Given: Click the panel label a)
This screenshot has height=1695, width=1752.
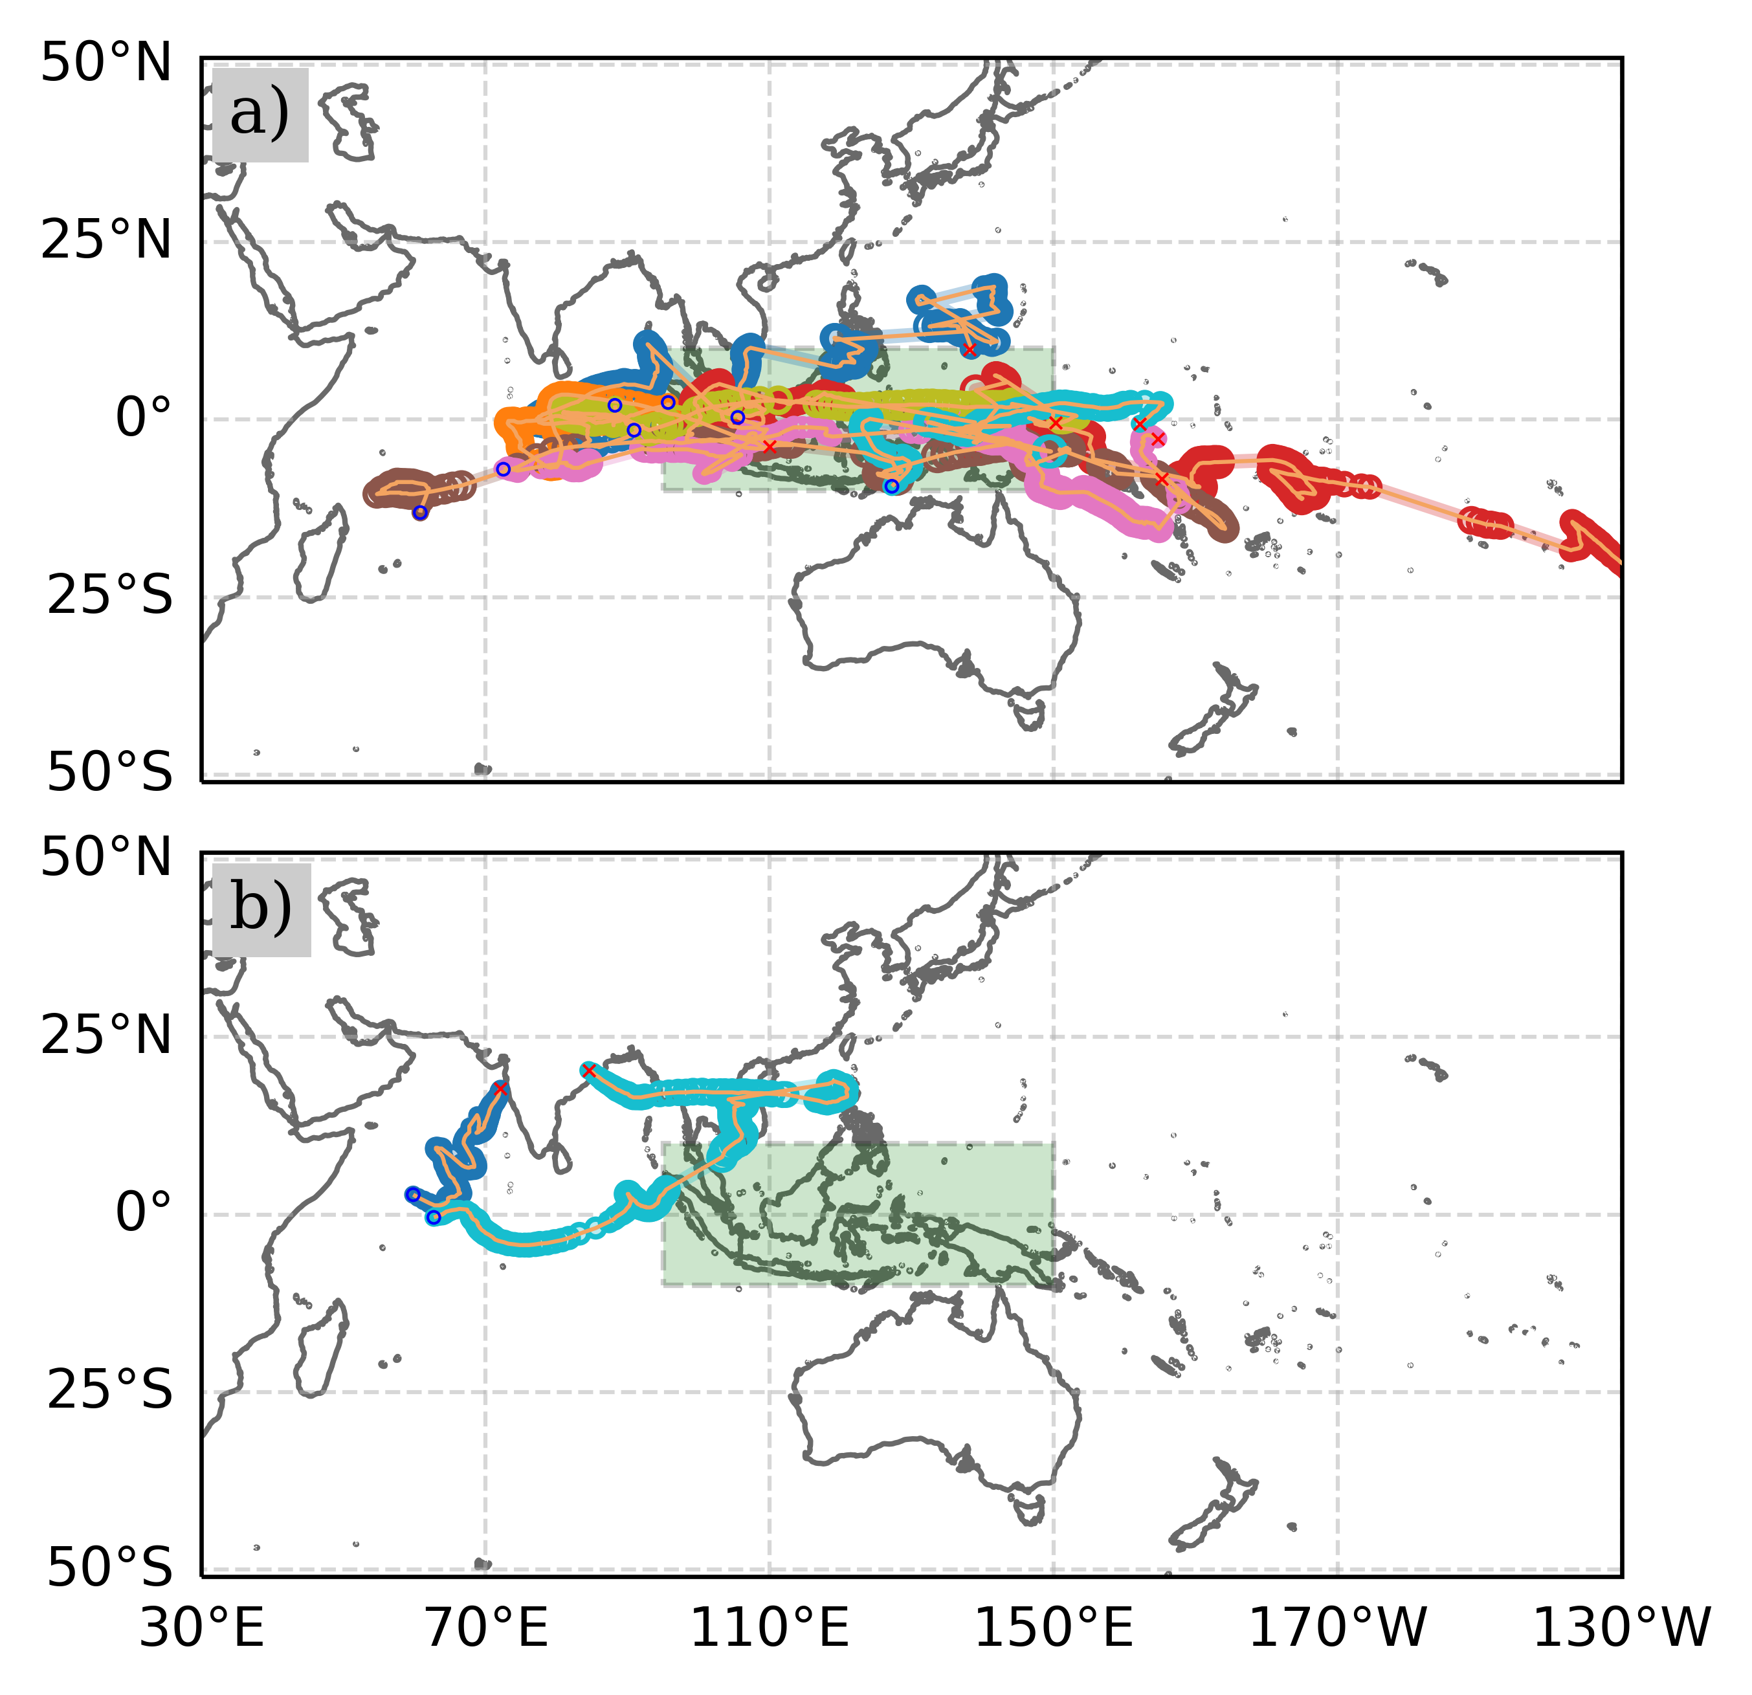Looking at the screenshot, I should pos(260,115).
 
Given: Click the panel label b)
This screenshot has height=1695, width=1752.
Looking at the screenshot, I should pos(261,909).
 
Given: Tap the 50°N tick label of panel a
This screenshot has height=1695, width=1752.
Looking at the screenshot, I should pos(106,64).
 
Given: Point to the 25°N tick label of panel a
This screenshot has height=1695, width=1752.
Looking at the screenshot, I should pos(106,241).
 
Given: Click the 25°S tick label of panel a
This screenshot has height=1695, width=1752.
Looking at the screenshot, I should pos(109,596).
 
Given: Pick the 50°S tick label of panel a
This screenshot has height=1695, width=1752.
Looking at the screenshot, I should pos(109,772).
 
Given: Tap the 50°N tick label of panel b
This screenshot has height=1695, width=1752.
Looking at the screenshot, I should pos(106,858).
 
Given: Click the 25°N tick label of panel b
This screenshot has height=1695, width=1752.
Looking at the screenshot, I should pos(106,1036).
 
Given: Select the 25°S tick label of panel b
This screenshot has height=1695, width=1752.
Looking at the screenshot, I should pos(109,1391).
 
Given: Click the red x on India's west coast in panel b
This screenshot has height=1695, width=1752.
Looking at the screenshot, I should pos(500,1089).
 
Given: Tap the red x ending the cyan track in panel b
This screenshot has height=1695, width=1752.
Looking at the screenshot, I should pos(588,1070).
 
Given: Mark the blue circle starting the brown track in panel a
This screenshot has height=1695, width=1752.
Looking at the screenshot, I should pos(420,513).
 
